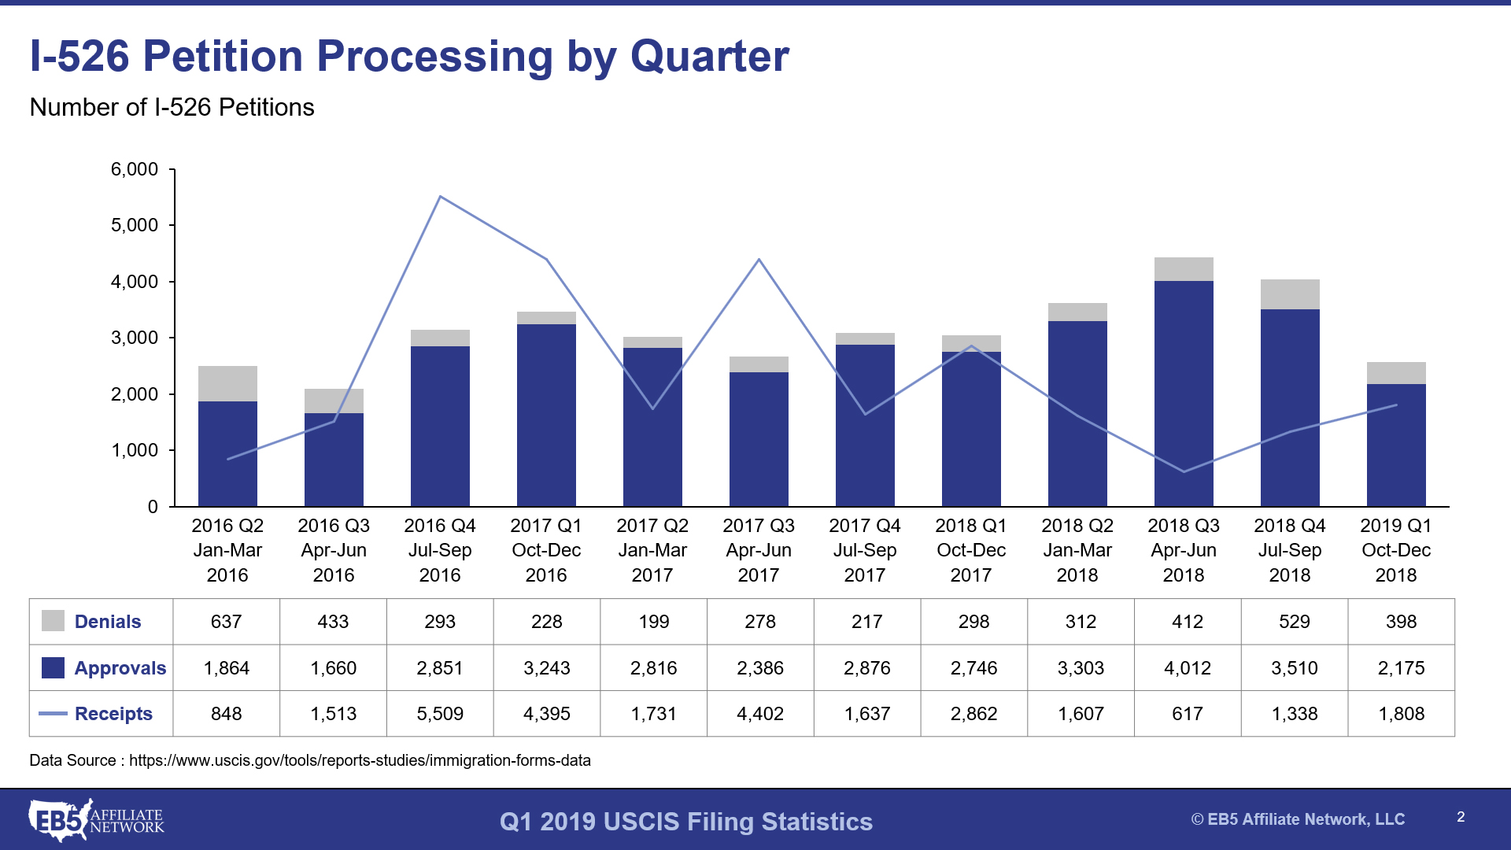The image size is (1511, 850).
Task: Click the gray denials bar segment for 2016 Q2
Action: coord(227,383)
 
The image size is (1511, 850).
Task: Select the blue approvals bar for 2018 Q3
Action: coord(1184,394)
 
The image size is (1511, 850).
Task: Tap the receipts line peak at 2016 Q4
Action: coord(440,197)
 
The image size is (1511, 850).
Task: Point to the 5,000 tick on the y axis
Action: coord(135,225)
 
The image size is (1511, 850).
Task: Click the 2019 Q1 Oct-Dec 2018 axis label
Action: coord(1395,550)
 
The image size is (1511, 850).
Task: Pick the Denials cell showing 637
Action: coord(226,622)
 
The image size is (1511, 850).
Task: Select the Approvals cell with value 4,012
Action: coord(1187,668)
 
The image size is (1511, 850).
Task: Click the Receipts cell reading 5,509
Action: coord(440,714)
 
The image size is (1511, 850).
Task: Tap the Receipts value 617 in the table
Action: coord(1187,714)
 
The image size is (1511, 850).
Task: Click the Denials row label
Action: coord(108,622)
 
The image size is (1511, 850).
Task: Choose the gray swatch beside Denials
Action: coord(53,621)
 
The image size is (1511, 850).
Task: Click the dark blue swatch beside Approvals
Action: coord(53,667)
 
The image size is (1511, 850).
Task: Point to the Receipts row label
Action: coord(113,714)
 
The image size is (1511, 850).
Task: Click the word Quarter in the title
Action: coord(709,57)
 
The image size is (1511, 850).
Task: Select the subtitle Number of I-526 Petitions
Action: coord(172,107)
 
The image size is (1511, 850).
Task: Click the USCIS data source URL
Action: coord(360,760)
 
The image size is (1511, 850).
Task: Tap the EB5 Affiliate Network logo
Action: coord(96,820)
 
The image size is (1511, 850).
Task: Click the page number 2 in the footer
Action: coord(1461,817)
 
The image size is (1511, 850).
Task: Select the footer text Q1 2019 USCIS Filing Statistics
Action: coord(685,822)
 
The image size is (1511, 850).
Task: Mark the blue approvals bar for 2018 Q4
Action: coord(1290,408)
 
